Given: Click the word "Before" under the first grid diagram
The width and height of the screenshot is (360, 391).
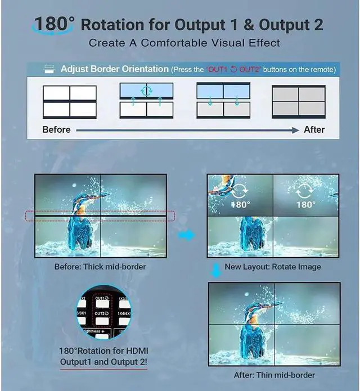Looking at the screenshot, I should click(56, 129).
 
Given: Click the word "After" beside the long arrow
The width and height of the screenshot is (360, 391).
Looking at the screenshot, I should click(314, 129).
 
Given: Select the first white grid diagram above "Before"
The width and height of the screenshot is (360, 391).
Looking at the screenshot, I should click(69, 101).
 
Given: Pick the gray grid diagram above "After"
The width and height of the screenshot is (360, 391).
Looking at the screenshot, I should click(299, 101).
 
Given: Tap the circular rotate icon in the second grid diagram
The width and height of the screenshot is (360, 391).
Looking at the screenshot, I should click(146, 91).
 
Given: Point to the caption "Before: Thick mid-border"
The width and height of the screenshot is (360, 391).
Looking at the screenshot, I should click(100, 266).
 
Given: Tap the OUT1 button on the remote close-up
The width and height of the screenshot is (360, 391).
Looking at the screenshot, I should click(101, 299).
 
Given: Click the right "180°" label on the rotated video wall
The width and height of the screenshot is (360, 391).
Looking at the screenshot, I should click(306, 204).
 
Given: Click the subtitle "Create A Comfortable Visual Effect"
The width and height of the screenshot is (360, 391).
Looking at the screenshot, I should click(184, 43).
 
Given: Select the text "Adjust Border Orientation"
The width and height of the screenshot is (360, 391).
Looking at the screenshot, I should click(114, 69).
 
